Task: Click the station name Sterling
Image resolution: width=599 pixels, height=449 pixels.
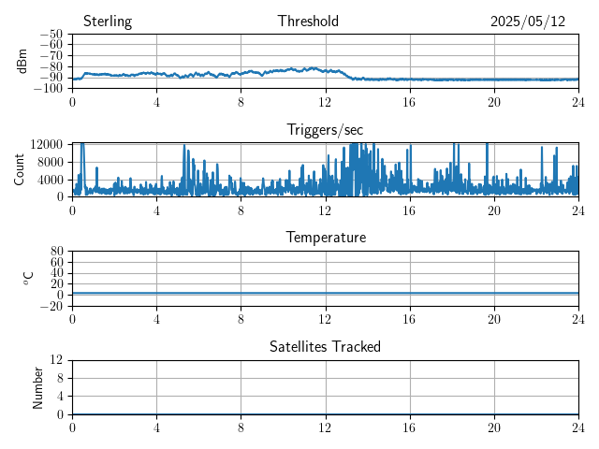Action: pyautogui.click(x=108, y=22)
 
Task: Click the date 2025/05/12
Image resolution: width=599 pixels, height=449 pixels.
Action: pyautogui.click(x=528, y=22)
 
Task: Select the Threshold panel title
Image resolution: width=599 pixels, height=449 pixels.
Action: pyautogui.click(x=308, y=21)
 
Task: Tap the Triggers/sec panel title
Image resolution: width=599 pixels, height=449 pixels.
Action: pyautogui.click(x=325, y=130)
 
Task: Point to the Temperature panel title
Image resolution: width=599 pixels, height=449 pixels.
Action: pyautogui.click(x=326, y=237)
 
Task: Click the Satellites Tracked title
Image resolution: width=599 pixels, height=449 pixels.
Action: pyautogui.click(x=325, y=346)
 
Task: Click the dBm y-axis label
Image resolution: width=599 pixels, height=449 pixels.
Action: pyautogui.click(x=22, y=61)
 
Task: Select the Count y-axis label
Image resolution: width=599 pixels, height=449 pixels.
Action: pyautogui.click(x=19, y=169)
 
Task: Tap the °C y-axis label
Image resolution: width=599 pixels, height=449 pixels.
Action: pyautogui.click(x=28, y=279)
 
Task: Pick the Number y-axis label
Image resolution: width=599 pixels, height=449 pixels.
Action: pyautogui.click(x=37, y=388)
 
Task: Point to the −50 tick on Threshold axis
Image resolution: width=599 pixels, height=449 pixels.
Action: pyautogui.click(x=51, y=34)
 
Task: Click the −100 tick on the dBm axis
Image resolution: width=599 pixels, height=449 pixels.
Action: pyautogui.click(x=48, y=88)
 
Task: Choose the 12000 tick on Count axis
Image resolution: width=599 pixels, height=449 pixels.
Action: pyautogui.click(x=46, y=144)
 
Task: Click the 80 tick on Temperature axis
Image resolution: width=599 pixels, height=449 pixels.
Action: pyautogui.click(x=57, y=251)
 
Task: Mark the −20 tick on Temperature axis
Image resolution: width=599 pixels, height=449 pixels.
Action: pyautogui.click(x=51, y=306)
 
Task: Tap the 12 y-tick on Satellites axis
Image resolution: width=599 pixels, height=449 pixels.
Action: pyautogui.click(x=56, y=359)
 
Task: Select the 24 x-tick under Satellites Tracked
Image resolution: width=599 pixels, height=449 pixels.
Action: pyautogui.click(x=578, y=427)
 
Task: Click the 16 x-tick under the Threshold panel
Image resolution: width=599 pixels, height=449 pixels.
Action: pyautogui.click(x=410, y=102)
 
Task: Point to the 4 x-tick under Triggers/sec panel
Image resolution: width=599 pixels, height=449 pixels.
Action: pyautogui.click(x=156, y=210)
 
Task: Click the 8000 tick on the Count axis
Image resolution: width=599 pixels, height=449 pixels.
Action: pyautogui.click(x=50, y=162)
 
